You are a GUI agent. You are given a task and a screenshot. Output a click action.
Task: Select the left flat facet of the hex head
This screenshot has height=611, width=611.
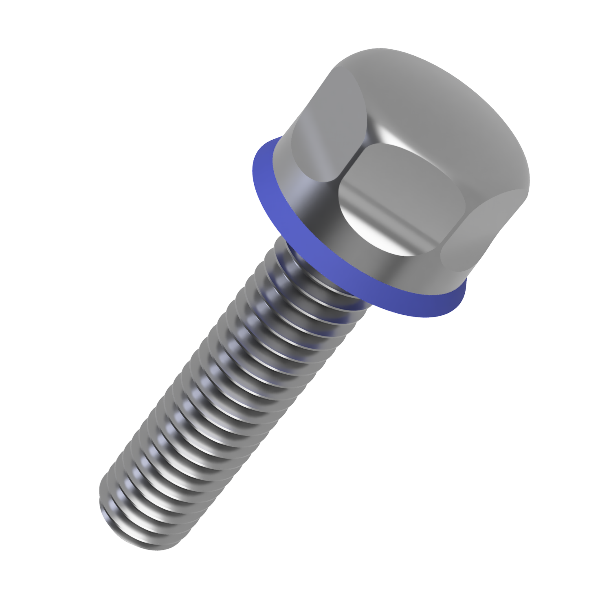coord(322,138)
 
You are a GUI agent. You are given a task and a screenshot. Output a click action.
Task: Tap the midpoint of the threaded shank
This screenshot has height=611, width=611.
coord(228,391)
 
